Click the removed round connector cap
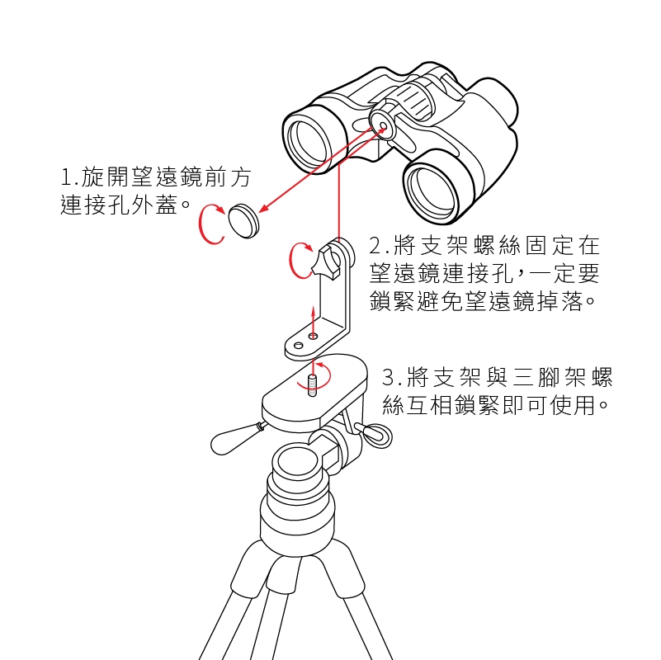pyautogui.click(x=243, y=221)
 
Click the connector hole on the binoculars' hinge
pyautogui.click(x=383, y=125)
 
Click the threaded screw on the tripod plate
pyautogui.click(x=313, y=385)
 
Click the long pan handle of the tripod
pyautogui.click(x=237, y=438)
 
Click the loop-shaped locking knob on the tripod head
pyautogui.click(x=376, y=436)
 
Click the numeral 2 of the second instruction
pyautogui.click(x=375, y=246)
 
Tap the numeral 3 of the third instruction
pyautogui.click(x=388, y=378)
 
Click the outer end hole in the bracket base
pyautogui.click(x=298, y=346)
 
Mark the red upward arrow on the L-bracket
pyautogui.click(x=313, y=323)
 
